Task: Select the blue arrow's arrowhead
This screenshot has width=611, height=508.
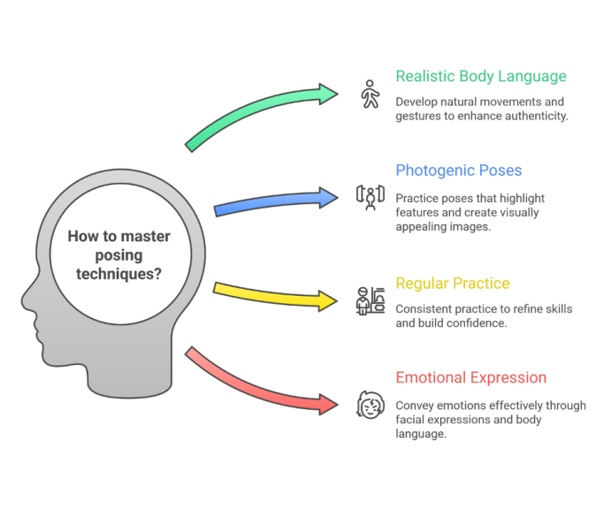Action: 329,198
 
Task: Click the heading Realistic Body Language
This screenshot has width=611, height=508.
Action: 481,76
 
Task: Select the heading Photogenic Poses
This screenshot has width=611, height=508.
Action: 459,171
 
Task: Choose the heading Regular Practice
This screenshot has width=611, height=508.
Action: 453,284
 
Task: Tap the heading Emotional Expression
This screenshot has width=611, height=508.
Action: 470,377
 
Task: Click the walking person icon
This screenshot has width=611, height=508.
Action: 370,94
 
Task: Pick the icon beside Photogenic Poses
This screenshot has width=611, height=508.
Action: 370,198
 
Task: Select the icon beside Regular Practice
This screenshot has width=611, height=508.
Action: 370,301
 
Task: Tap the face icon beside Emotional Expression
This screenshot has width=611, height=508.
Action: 370,405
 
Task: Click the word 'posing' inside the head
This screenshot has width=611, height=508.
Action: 118,256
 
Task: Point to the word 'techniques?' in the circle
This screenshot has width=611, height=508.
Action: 118,274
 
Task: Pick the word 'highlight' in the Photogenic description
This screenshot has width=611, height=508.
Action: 523,199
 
